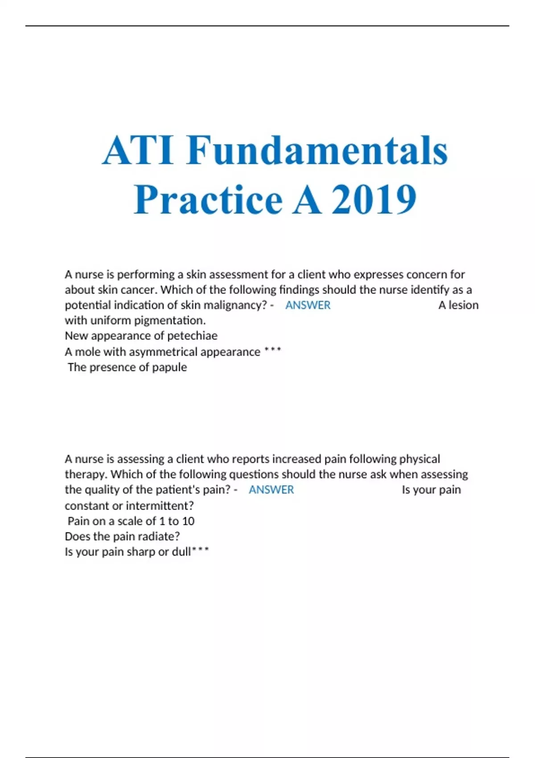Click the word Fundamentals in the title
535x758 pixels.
tap(317, 150)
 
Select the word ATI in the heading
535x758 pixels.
tap(138, 150)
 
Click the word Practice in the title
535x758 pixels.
tap(208, 199)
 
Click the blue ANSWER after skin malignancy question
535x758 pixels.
tap(308, 305)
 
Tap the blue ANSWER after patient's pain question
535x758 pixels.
tap(271, 490)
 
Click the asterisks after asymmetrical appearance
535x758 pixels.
tap(272, 350)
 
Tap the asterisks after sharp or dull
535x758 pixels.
tap(200, 550)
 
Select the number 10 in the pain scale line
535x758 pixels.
tap(188, 521)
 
